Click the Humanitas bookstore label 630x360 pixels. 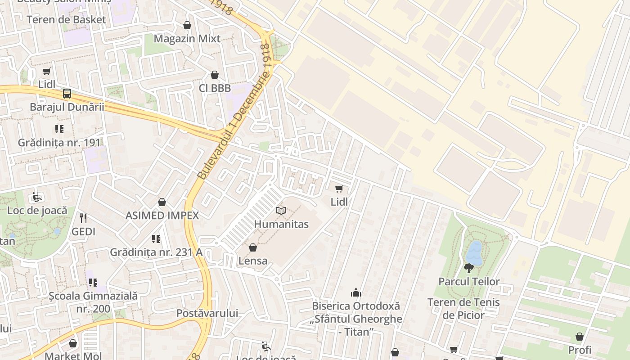(x=281, y=224)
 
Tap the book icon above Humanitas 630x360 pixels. (x=281, y=211)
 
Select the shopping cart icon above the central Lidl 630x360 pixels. (x=339, y=189)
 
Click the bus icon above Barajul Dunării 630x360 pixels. (x=67, y=94)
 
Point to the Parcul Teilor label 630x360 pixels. (x=469, y=282)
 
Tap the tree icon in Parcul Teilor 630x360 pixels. (x=469, y=268)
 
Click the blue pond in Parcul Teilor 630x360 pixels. (x=474, y=253)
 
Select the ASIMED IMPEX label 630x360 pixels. (x=162, y=216)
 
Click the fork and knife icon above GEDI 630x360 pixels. (x=83, y=218)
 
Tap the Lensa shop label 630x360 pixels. (x=253, y=261)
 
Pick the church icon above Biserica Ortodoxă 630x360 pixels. (x=356, y=293)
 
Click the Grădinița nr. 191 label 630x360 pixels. (x=59, y=143)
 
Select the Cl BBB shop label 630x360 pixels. (x=215, y=88)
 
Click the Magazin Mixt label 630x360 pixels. (x=187, y=39)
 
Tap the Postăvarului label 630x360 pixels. (x=207, y=313)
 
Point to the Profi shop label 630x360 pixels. (x=580, y=350)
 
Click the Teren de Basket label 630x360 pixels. (x=66, y=20)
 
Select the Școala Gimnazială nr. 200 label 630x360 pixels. (x=93, y=302)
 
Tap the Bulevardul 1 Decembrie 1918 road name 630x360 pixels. (x=235, y=112)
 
